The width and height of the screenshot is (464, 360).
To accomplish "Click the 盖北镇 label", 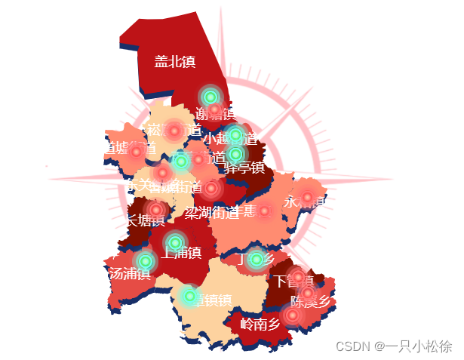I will pyautogui.click(x=174, y=62).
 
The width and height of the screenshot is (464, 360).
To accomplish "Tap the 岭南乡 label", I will pyautogui.click(x=260, y=325).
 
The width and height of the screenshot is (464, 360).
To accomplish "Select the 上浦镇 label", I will pyautogui.click(x=181, y=253).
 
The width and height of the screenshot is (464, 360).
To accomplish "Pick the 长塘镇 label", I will pyautogui.click(x=145, y=220).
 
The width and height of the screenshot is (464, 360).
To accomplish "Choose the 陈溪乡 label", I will pyautogui.click(x=311, y=302).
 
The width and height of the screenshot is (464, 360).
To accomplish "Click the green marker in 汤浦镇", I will pyautogui.click(x=146, y=261).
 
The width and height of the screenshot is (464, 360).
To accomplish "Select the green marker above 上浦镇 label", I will pyautogui.click(x=175, y=242).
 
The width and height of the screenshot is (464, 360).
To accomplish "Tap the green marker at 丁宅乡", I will pyautogui.click(x=257, y=260).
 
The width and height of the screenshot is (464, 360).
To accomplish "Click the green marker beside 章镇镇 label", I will pyautogui.click(x=190, y=297).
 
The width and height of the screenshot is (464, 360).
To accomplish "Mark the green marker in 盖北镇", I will pyautogui.click(x=210, y=97).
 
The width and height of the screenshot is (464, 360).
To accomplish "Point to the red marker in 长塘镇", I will pyautogui.click(x=156, y=209).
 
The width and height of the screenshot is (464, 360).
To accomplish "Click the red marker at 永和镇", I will pyautogui.click(x=307, y=198).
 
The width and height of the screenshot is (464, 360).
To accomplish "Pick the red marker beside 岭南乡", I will pyautogui.click(x=293, y=314).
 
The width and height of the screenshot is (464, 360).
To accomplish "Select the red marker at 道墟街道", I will pyautogui.click(x=137, y=152).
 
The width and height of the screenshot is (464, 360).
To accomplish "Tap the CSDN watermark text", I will pyautogui.click(x=393, y=346).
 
